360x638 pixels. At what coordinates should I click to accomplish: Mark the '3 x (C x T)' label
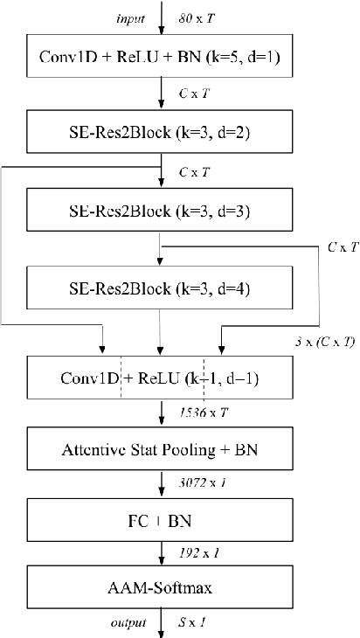pos(324,341)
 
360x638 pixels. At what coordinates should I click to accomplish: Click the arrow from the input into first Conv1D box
pos(160,17)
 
